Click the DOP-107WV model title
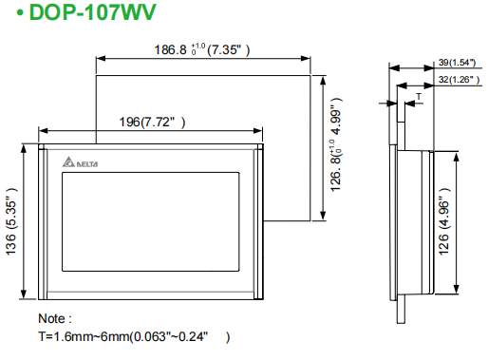(92, 12)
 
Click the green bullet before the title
(20, 13)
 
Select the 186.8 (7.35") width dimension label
(202, 49)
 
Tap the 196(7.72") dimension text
(152, 122)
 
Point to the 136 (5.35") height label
(11, 221)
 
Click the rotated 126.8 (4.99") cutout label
(336, 144)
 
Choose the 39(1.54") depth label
(457, 63)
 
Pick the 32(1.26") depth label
(459, 80)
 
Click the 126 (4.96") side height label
(444, 221)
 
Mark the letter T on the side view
(419, 96)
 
